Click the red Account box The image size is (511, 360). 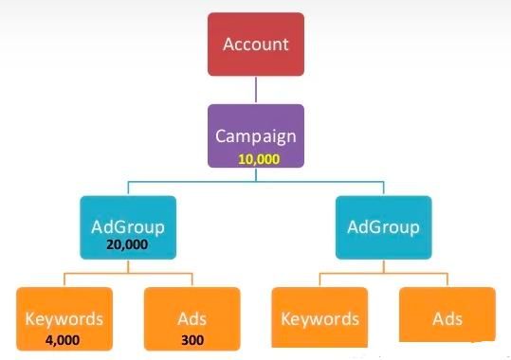click(256, 44)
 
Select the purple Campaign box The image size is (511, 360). click(256, 135)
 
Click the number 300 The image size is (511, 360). click(192, 337)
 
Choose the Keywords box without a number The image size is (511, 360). click(319, 318)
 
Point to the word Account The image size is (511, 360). click(256, 44)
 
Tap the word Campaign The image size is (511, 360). click(256, 135)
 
